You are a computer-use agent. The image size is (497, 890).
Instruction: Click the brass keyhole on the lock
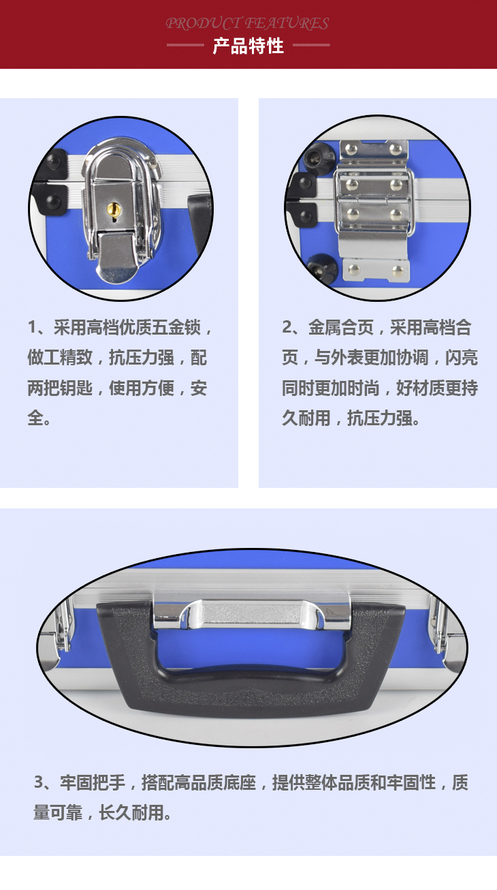[x=113, y=209]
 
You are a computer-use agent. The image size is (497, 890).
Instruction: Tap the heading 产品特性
[x=248, y=46]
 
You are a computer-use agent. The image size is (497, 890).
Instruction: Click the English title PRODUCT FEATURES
[x=247, y=23]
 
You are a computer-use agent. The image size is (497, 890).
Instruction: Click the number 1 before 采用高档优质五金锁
[x=32, y=327]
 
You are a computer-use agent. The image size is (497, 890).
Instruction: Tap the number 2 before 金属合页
[x=287, y=327]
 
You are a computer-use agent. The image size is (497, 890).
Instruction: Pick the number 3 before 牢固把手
[x=39, y=782]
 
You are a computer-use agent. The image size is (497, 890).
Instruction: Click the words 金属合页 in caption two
[x=341, y=327]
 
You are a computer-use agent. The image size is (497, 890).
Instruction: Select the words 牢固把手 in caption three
[x=93, y=782]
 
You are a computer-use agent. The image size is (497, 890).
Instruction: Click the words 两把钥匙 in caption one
[x=60, y=388]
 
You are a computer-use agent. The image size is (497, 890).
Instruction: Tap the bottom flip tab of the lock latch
[x=116, y=258]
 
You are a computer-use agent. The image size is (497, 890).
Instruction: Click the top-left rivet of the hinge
[x=351, y=149]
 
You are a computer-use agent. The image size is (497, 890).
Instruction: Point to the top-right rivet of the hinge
[x=396, y=149]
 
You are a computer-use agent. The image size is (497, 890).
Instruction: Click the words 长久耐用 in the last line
[x=131, y=812]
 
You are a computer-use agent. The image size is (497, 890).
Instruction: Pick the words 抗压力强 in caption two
[x=379, y=418]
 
